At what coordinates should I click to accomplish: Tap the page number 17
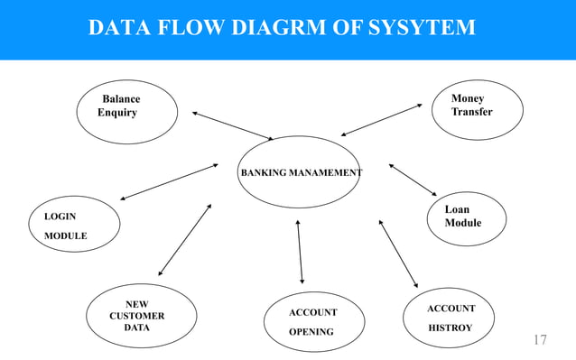(539, 340)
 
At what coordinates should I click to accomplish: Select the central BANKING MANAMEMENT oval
(299, 171)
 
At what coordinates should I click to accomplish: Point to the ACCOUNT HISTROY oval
(451, 318)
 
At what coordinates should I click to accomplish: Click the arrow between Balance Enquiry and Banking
(232, 125)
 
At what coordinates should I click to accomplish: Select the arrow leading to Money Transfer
(381, 120)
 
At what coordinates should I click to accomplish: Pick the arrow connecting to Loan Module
(413, 180)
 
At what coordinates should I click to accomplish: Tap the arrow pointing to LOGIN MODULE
(169, 181)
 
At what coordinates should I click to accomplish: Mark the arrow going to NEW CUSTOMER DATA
(184, 239)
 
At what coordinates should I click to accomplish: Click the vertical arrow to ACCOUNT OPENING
(300, 252)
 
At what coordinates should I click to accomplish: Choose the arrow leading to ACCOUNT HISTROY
(398, 253)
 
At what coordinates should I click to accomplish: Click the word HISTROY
(451, 328)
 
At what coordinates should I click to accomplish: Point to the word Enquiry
(117, 113)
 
